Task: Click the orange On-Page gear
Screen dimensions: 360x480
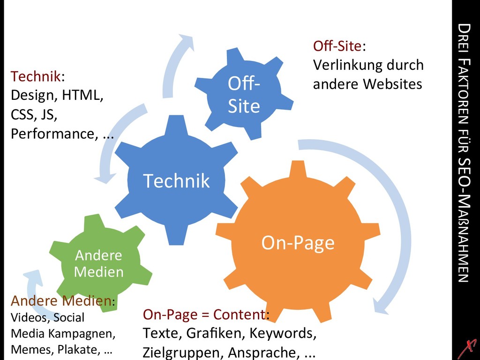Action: pyautogui.click(x=298, y=243)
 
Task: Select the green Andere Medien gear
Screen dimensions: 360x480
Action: pyautogui.click(x=99, y=263)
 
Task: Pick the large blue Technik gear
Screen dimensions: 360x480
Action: pyautogui.click(x=176, y=180)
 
